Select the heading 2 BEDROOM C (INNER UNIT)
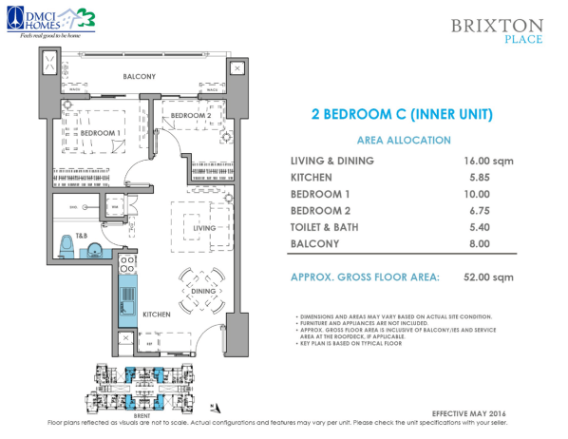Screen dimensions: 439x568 click(x=401, y=116)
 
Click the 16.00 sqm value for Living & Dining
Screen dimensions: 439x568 click(x=488, y=161)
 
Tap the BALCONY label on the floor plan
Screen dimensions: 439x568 click(x=140, y=76)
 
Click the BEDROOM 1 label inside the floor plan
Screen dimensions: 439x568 click(x=100, y=133)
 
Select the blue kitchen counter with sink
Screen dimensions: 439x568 click(x=126, y=295)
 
